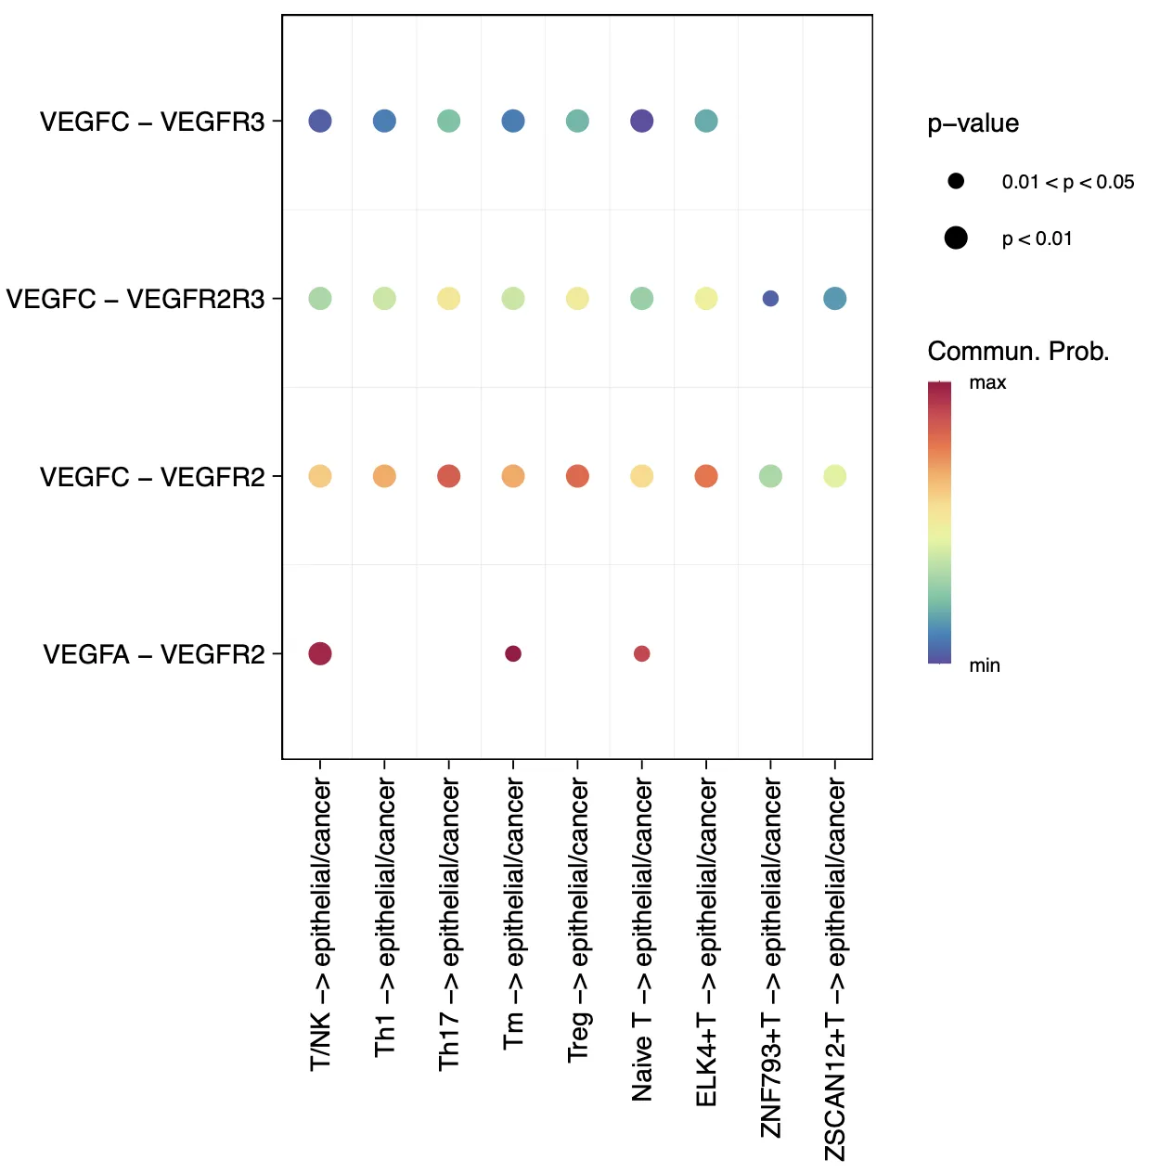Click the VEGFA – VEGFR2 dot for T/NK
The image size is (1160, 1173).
(320, 654)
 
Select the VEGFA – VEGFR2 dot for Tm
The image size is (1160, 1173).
(513, 654)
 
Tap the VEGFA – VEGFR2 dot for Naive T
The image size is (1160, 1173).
(641, 654)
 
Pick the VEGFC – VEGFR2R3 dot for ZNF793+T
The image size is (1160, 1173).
(770, 299)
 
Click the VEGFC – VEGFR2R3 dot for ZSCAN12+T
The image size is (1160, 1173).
(834, 299)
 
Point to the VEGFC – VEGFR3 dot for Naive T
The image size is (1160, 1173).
(641, 121)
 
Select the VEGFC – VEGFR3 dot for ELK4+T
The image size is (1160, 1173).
(706, 121)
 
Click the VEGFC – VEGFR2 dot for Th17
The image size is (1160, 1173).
(448, 476)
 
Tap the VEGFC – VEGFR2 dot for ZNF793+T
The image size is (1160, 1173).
(770, 476)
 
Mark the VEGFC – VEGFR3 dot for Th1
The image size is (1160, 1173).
(384, 121)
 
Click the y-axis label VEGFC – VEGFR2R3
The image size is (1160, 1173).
(135, 299)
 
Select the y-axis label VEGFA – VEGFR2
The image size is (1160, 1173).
(154, 654)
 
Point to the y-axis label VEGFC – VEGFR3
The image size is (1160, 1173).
(152, 122)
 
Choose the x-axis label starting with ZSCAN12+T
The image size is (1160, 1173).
(835, 970)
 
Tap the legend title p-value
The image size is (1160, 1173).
(973, 123)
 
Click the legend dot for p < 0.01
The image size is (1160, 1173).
(956, 238)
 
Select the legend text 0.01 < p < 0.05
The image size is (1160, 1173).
(1067, 182)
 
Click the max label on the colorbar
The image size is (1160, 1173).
(987, 382)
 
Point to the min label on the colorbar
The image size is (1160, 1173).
(985, 665)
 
